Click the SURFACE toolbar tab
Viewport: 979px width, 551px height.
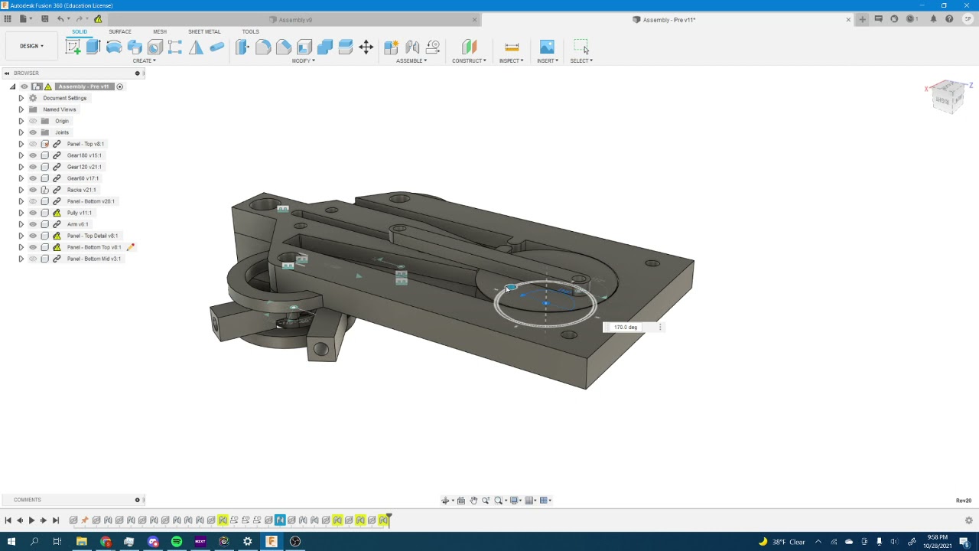pos(119,31)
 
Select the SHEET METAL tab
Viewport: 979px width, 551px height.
pos(204,31)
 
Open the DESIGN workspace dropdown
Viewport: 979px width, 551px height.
pos(31,46)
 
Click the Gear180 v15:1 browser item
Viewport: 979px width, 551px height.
pos(84,155)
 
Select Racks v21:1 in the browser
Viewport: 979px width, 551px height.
pos(81,190)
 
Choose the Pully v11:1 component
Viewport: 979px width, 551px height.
pos(79,213)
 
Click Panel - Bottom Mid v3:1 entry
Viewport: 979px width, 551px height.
pos(93,259)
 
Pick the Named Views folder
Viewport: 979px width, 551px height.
pos(59,109)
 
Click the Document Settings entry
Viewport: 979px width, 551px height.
pos(64,98)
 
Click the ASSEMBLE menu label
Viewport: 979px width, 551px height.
pos(411,60)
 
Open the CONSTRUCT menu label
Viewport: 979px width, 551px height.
pos(468,60)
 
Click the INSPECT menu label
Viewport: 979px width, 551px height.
pos(511,60)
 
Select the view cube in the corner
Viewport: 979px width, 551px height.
pos(948,97)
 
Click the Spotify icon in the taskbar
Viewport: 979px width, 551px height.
pos(177,542)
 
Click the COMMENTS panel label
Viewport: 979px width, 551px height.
pos(28,500)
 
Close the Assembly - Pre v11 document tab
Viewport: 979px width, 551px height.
pos(847,20)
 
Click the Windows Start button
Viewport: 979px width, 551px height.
pos(11,542)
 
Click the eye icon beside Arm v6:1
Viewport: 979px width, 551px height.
pos(33,224)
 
